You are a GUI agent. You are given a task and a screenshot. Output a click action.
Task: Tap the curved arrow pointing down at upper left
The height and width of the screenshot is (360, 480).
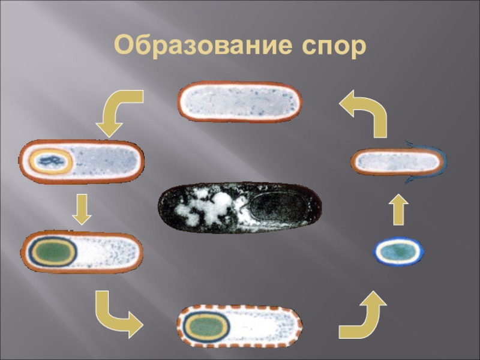pos(121,111)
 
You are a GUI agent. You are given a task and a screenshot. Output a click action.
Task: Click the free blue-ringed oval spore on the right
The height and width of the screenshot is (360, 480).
pos(399,251)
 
